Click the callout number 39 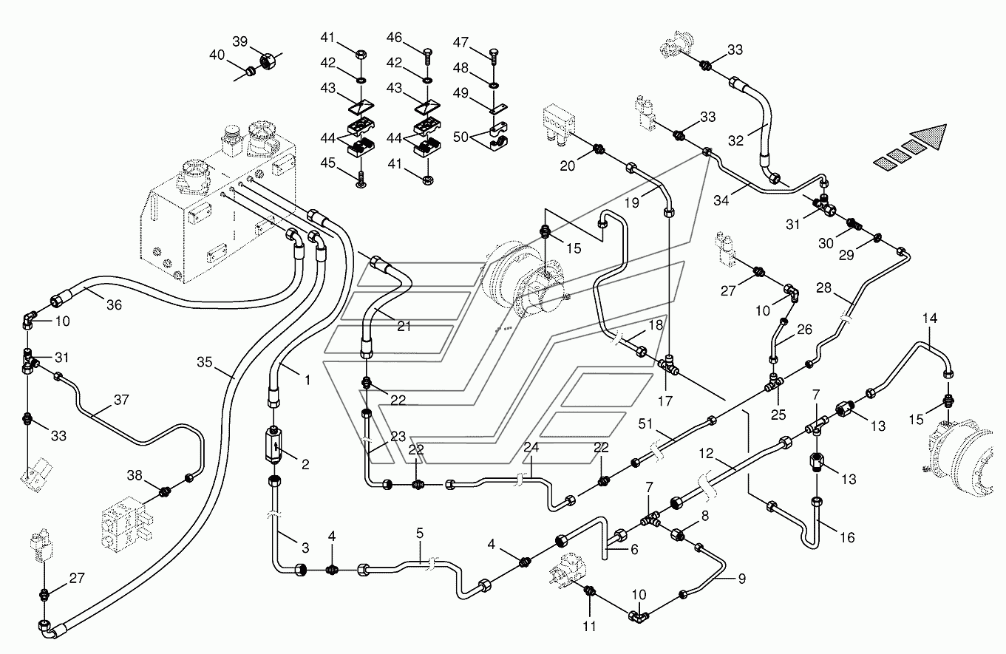point(239,41)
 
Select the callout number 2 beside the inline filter point(305,464)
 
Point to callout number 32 point(735,140)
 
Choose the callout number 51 point(645,423)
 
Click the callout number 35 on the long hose point(204,362)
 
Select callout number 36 point(114,305)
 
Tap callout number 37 point(121,400)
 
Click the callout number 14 point(930,319)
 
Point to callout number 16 point(847,537)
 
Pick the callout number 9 point(742,579)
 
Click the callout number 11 point(589,626)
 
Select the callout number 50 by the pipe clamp point(460,137)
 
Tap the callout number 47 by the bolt point(460,43)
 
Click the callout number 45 point(328,163)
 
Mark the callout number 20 point(567,166)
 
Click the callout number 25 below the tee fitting point(778,415)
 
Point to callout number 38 point(135,475)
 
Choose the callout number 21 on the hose point(404,327)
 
